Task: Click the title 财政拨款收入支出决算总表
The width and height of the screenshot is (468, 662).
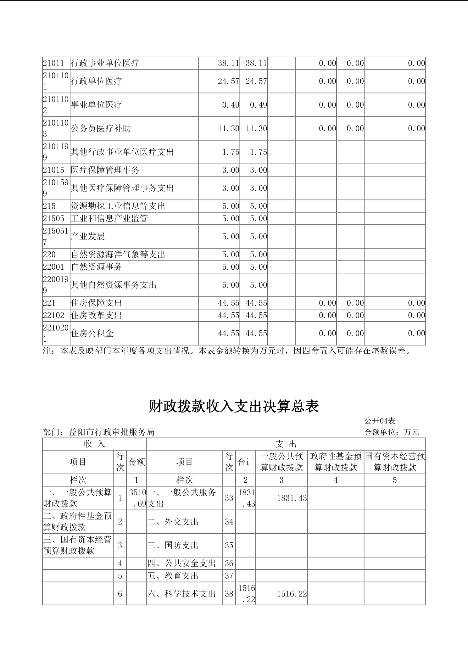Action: coord(234,406)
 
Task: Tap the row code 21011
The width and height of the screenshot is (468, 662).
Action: coord(53,63)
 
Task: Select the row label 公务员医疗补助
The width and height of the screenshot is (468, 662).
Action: coord(101,128)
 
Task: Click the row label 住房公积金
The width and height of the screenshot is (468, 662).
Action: coord(92,333)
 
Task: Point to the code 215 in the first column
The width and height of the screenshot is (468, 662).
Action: coord(49,206)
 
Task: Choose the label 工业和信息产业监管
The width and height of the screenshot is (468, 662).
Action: coord(109,218)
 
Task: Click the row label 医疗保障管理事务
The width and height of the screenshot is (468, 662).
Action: coord(105,170)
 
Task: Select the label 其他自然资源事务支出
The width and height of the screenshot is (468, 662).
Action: coord(114,285)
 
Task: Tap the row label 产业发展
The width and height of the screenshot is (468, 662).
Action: coord(88,236)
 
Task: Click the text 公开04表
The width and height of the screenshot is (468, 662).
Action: coord(380,421)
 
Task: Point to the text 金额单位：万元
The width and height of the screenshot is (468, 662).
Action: coord(391,432)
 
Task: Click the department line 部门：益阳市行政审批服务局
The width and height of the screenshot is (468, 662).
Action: coord(99,432)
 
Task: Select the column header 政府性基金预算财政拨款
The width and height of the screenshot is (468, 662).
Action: coord(336,462)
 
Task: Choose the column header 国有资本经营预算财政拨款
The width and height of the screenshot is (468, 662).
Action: coord(395,462)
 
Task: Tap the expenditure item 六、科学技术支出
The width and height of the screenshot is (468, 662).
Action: coord(181,594)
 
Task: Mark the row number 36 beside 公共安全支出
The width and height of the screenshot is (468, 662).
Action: coord(229,563)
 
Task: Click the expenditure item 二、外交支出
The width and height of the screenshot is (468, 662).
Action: coord(173,522)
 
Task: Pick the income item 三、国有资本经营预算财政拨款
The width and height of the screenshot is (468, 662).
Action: coord(77,545)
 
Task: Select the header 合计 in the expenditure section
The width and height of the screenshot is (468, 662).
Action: coord(245,462)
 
